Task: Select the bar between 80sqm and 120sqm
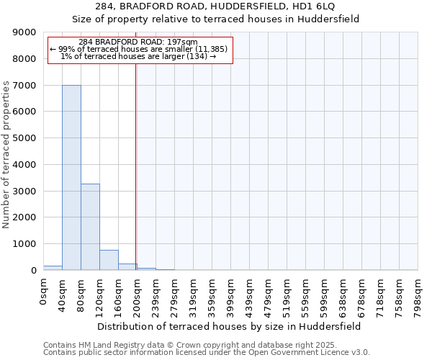coord(90,227)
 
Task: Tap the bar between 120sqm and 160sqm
coord(109,260)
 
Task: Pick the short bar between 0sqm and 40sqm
coord(53,268)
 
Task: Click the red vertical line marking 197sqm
coord(136,166)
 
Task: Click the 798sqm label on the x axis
coord(418,295)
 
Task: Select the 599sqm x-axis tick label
coord(325,295)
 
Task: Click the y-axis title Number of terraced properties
coord(6,155)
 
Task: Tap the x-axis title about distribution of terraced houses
coord(230,326)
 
